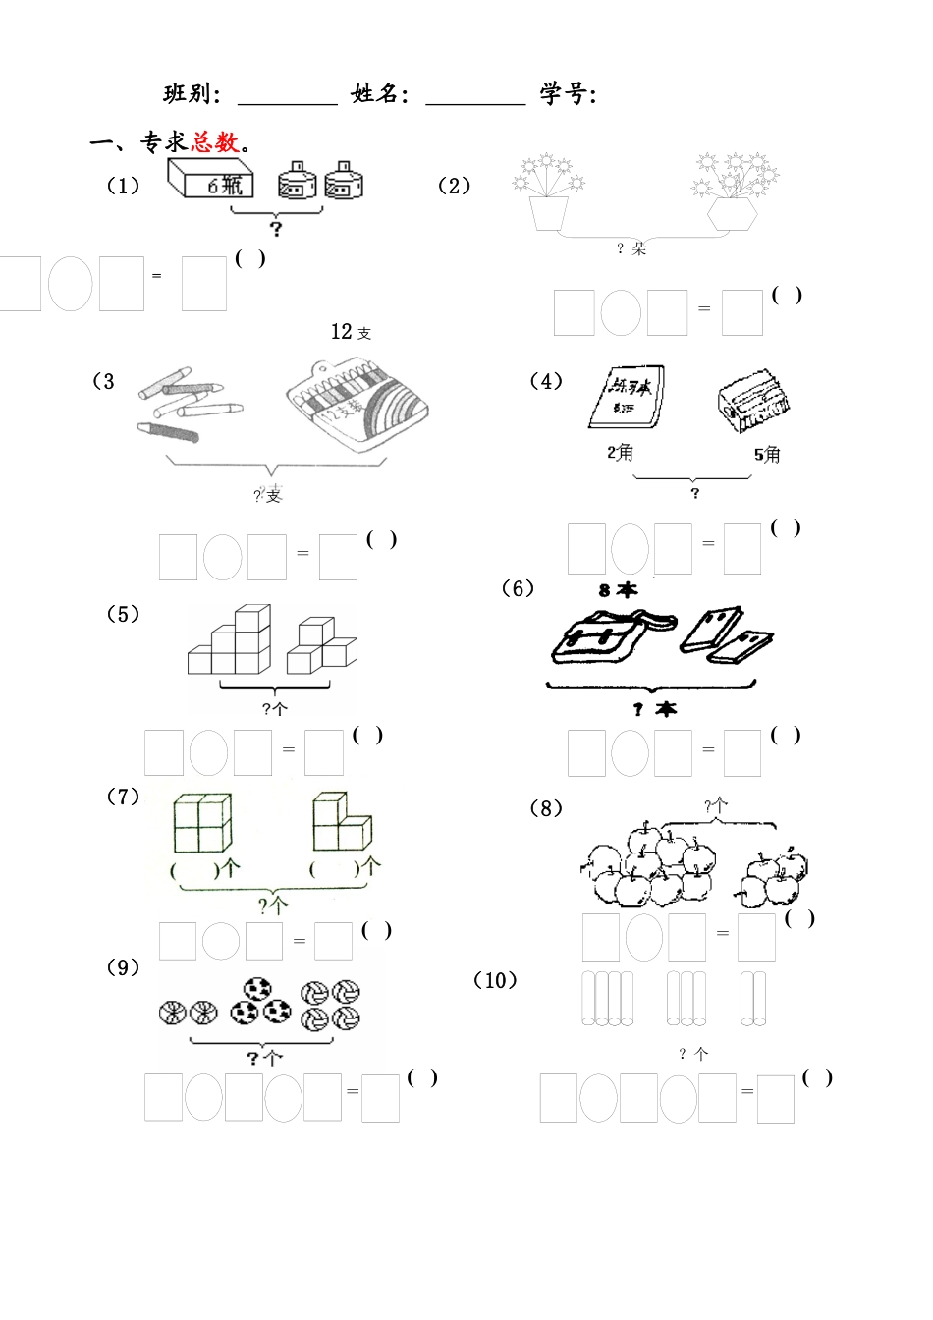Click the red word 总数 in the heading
pyautogui.click(x=215, y=142)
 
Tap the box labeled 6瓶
pyautogui.click(x=211, y=181)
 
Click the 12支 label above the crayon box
pyautogui.click(x=351, y=332)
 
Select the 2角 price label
pyautogui.click(x=620, y=452)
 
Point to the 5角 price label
pyautogui.click(x=767, y=454)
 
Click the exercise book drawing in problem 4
pyautogui.click(x=626, y=398)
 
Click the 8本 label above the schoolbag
pyautogui.click(x=618, y=589)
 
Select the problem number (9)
pyautogui.click(x=123, y=967)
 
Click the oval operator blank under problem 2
pyautogui.click(x=621, y=313)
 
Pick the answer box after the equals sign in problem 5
pyautogui.click(x=323, y=752)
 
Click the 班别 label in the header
pyautogui.click(x=192, y=94)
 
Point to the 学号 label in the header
pyautogui.click(x=568, y=94)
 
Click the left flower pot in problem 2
pyautogui.click(x=547, y=211)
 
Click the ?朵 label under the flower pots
pyautogui.click(x=631, y=248)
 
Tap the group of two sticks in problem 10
pyautogui.click(x=753, y=998)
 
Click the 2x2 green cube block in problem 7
pyautogui.click(x=201, y=823)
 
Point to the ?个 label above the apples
pyautogui.click(x=716, y=806)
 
